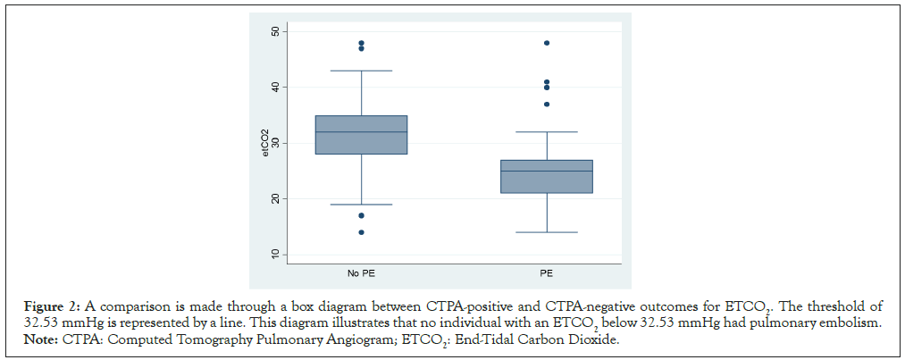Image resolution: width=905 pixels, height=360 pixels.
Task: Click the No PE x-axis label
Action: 361,272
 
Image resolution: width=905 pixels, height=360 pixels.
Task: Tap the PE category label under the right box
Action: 547,272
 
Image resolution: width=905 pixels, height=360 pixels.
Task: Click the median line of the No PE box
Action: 362,132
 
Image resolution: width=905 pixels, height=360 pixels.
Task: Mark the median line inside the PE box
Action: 547,171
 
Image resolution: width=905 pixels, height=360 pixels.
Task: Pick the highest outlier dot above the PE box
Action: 547,43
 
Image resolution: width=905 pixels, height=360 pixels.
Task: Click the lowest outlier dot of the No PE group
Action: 362,232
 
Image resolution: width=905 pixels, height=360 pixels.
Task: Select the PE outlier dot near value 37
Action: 547,104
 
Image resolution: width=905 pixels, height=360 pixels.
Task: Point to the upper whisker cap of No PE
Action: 362,71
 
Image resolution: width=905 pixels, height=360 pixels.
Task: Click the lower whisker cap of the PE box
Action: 547,232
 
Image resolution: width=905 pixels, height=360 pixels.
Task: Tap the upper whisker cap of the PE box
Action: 547,132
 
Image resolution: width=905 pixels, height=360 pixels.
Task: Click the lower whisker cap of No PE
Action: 362,205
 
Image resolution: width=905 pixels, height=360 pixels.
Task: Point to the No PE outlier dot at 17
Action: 362,215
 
